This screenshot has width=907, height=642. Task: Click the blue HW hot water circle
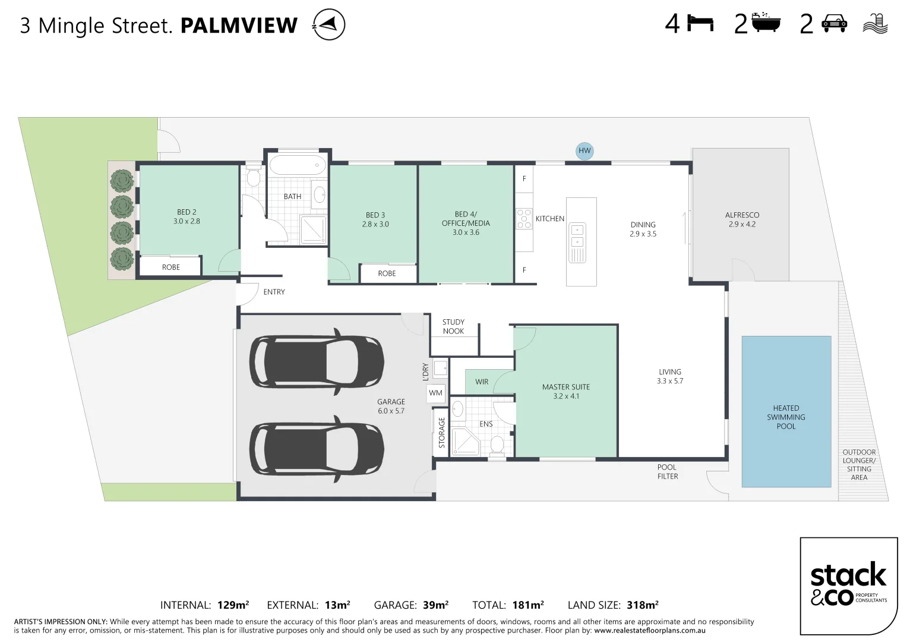[584, 151]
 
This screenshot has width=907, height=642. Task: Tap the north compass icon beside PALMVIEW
[329, 25]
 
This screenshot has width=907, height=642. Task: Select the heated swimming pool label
[786, 417]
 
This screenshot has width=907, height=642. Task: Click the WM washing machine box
[436, 393]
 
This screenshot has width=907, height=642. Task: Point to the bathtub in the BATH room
[298, 165]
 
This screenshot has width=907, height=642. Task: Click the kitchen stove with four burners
[524, 219]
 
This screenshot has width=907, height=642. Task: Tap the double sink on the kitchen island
[577, 236]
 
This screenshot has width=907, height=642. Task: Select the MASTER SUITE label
[566, 387]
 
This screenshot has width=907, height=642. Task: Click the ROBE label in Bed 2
[171, 267]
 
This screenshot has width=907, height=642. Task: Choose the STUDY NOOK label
[453, 326]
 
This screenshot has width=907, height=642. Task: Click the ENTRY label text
[274, 292]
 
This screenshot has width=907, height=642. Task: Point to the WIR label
[482, 382]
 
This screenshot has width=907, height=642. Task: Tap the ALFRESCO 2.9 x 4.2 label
[742, 219]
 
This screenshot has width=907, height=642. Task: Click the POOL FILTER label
[667, 472]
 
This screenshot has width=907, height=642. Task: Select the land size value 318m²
[643, 605]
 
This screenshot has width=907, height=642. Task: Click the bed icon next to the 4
[700, 24]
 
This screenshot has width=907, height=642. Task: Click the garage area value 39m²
[436, 605]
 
